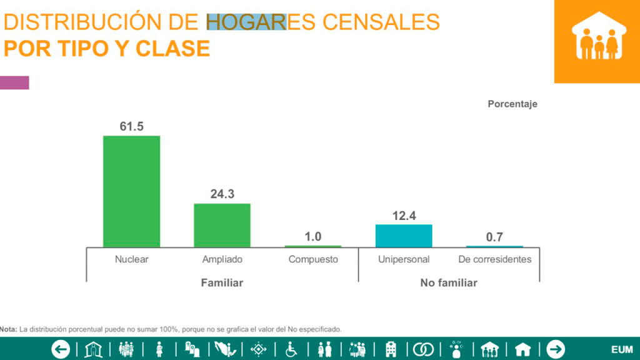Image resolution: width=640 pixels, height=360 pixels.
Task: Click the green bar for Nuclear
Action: point(131,191)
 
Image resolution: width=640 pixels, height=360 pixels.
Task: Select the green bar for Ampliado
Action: point(222,224)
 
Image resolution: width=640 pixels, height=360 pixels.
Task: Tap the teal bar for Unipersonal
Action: point(404,236)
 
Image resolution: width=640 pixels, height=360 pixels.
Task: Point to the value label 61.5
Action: point(132,127)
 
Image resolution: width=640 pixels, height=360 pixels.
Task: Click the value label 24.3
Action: point(222,194)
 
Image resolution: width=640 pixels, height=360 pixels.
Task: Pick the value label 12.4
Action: point(404,216)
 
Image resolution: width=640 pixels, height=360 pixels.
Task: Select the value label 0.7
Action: point(494,237)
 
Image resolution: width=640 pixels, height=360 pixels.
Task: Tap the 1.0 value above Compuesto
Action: point(312,237)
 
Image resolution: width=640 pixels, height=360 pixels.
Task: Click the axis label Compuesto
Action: point(313,259)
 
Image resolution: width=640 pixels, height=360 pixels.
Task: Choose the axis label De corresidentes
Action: point(494,259)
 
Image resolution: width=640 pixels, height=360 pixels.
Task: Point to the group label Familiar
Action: point(222,283)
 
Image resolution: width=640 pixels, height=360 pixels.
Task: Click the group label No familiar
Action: point(449,283)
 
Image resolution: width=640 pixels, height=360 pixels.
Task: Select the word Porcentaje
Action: point(512,104)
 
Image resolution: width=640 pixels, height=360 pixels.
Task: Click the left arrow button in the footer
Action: point(61,349)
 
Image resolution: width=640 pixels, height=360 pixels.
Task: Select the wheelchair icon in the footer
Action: point(291,349)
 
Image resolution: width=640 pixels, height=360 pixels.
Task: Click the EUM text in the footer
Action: point(622,349)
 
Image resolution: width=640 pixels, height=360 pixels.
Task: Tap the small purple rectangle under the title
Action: point(14,82)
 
